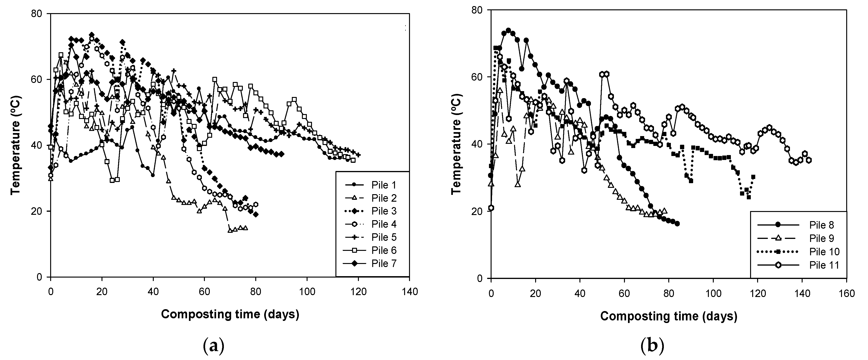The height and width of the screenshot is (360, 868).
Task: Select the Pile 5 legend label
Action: click(384, 238)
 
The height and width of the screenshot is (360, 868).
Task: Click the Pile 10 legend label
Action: click(824, 252)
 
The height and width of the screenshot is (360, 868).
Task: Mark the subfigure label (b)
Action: click(652, 346)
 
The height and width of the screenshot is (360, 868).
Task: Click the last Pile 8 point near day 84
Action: click(677, 224)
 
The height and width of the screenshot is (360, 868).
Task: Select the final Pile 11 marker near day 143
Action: click(809, 160)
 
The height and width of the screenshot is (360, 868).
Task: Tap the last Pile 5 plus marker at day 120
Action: click(358, 155)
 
